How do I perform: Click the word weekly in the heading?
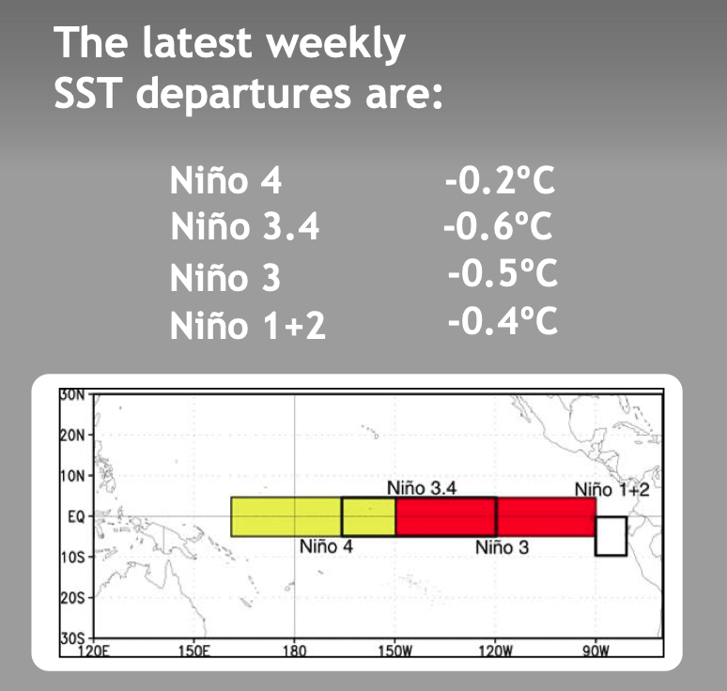pyautogui.click(x=335, y=43)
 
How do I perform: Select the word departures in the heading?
pyautogui.click(x=243, y=95)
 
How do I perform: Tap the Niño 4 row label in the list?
pyautogui.click(x=225, y=180)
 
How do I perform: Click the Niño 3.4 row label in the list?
pyautogui.click(x=245, y=225)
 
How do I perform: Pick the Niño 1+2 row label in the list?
pyautogui.click(x=248, y=325)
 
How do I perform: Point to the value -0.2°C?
pyautogui.click(x=500, y=180)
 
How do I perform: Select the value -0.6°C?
pyautogui.click(x=498, y=225)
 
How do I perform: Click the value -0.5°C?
pyautogui.click(x=503, y=272)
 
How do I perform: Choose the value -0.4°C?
pyautogui.click(x=503, y=320)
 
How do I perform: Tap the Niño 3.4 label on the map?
pyautogui.click(x=422, y=488)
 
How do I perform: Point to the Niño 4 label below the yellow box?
pyautogui.click(x=326, y=546)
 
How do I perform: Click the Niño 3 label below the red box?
pyautogui.click(x=502, y=547)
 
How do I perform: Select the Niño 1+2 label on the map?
pyautogui.click(x=612, y=489)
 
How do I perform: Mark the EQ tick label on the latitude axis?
pyautogui.click(x=76, y=516)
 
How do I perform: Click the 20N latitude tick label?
pyautogui.click(x=72, y=436)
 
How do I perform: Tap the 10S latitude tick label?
pyautogui.click(x=72, y=557)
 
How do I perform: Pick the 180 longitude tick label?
pyautogui.click(x=294, y=652)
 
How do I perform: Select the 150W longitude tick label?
pyautogui.click(x=394, y=652)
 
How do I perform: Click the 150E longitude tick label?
pyautogui.click(x=193, y=652)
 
